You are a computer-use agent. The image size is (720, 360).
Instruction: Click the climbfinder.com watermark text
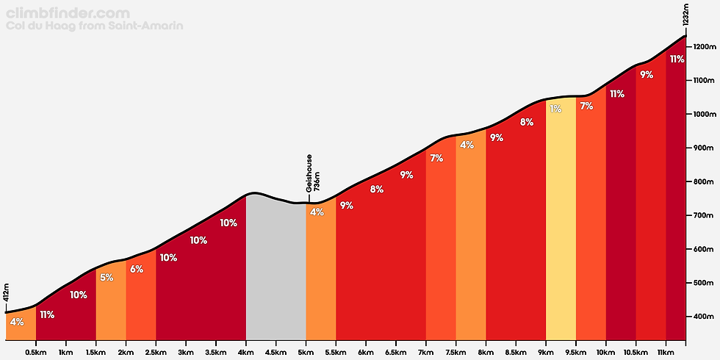coord(68,13)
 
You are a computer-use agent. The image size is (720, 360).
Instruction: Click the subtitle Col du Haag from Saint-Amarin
coord(94,26)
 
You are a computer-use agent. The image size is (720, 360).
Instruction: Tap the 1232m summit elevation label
coord(685,15)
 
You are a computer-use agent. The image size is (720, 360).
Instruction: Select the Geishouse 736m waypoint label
coord(313,173)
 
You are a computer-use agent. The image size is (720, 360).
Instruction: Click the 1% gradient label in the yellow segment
coord(555,109)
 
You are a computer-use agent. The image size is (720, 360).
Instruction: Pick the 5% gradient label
coord(107,278)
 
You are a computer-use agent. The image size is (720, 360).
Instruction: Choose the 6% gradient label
coord(137,269)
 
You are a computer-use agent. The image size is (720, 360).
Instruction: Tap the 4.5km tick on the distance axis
coord(276,352)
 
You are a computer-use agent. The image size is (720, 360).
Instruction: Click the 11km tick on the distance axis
coord(666,352)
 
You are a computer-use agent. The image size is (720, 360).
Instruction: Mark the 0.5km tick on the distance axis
coord(36,352)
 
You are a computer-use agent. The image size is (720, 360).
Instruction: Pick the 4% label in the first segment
coord(17,321)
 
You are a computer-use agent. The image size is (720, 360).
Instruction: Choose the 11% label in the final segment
coord(677,59)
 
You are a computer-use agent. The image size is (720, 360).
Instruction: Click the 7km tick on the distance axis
coord(426,352)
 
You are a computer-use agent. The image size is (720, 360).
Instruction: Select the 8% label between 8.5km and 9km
coord(526,122)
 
